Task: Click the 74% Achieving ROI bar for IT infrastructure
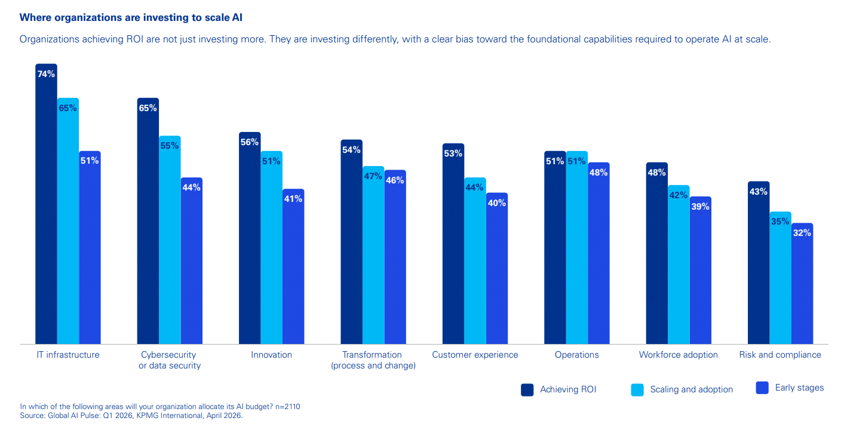pos(46,203)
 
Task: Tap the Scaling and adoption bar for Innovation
pos(271,247)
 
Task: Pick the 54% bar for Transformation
pos(351,241)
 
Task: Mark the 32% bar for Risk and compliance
pos(802,283)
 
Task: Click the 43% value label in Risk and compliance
pos(759,192)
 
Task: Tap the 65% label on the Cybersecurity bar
pos(148,108)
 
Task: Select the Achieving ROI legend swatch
pos(527,389)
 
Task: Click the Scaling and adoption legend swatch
pos(637,389)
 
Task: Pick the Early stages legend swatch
pos(762,388)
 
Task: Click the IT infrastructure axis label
pos(67,355)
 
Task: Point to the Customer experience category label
pos(475,355)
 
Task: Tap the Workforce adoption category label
pos(678,355)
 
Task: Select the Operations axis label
pos(576,355)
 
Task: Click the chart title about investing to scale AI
pos(131,17)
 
